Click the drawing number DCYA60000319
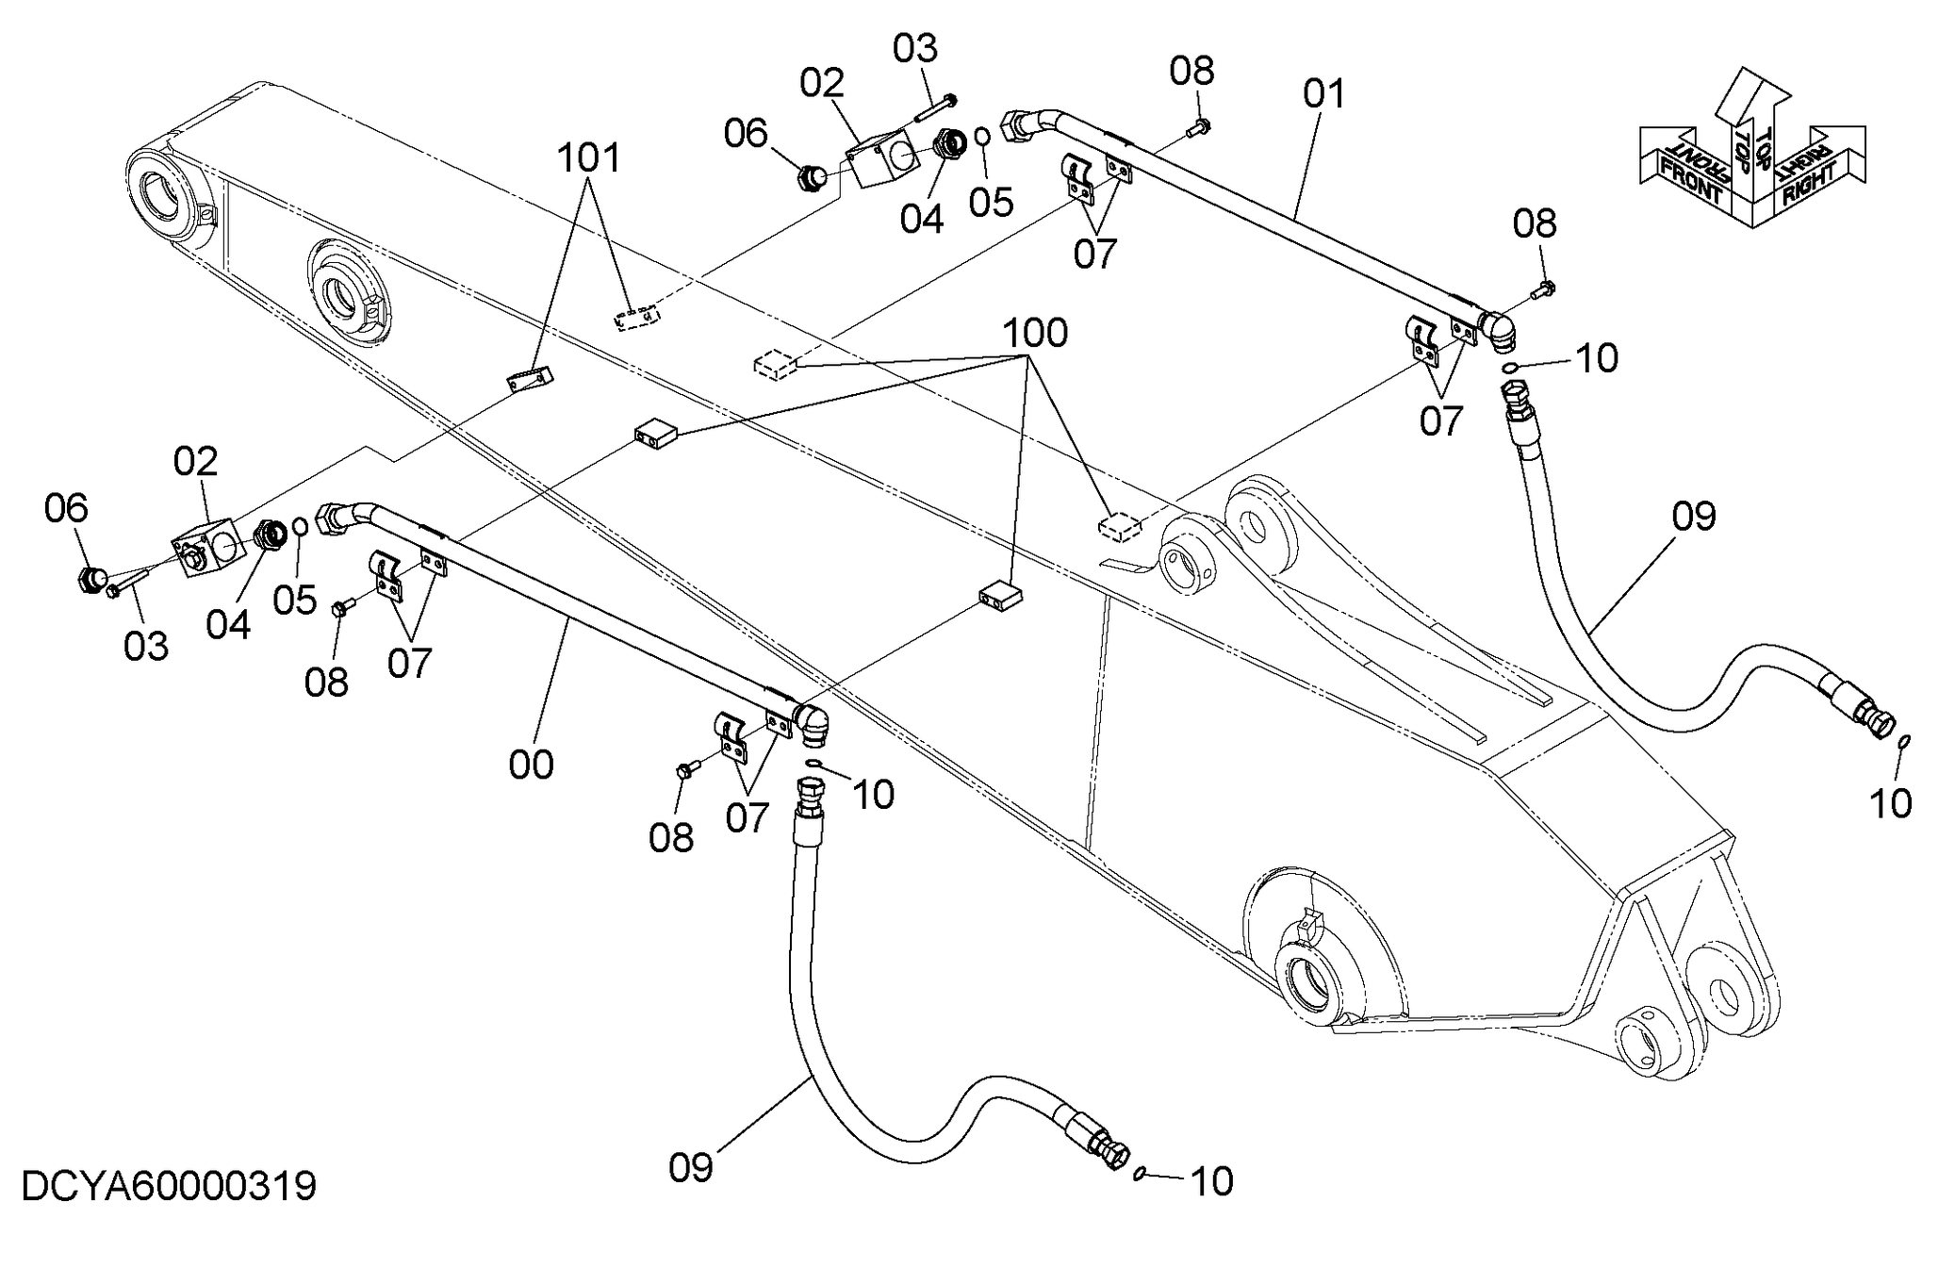[x=169, y=1186]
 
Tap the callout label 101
[x=589, y=157]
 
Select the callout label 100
[x=1034, y=333]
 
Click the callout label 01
[x=1324, y=94]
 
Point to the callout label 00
[x=531, y=765]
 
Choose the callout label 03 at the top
[x=915, y=48]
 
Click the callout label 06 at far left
[x=66, y=508]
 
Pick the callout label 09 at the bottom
[x=691, y=1168]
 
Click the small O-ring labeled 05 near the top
[x=981, y=136]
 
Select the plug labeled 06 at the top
[x=811, y=176]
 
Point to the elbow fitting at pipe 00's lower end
[x=813, y=724]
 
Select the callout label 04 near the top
[x=921, y=219]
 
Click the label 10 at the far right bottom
[x=1890, y=803]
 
